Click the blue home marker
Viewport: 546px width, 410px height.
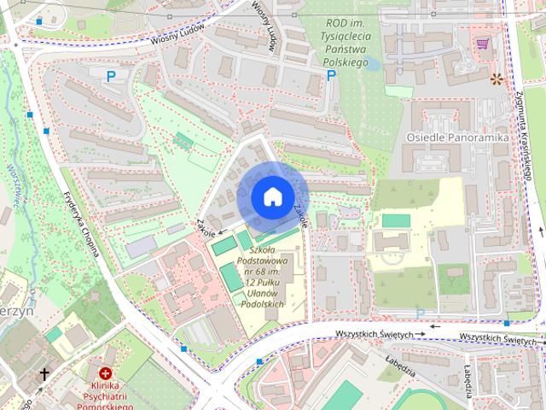271,196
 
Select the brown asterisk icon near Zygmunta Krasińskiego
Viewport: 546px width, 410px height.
497,79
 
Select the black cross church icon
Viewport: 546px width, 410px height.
44,374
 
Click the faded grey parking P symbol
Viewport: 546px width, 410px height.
420,314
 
